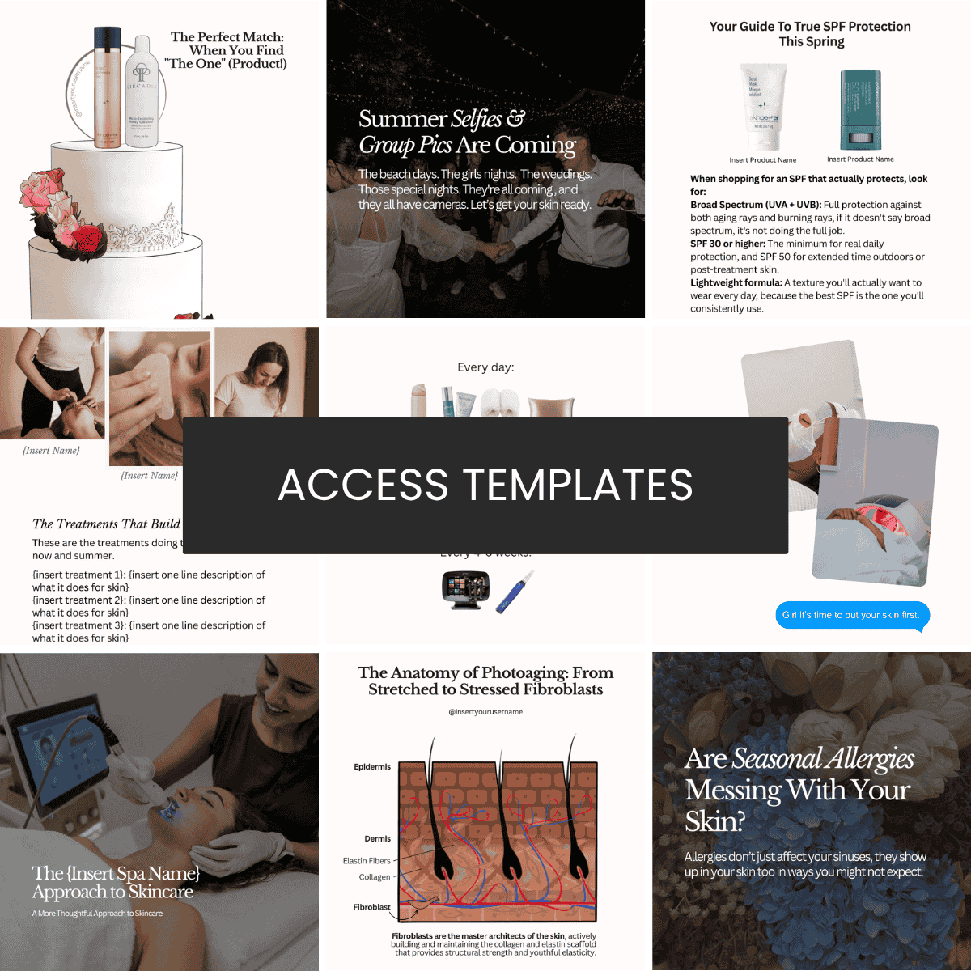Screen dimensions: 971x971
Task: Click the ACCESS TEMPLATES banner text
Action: point(485,485)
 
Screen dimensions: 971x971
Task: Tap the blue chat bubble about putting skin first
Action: point(851,615)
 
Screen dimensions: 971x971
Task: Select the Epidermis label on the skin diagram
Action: point(372,766)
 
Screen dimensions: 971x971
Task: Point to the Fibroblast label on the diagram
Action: point(371,907)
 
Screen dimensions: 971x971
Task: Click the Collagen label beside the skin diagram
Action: point(375,877)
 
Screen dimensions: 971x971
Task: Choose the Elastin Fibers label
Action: point(367,861)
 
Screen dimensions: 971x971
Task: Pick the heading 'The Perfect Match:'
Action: point(227,37)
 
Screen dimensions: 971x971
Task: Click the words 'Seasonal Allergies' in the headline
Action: point(823,759)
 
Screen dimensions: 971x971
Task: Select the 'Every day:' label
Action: point(485,367)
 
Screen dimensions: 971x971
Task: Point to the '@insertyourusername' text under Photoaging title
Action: point(485,712)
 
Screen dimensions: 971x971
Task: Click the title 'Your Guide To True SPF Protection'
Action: point(810,27)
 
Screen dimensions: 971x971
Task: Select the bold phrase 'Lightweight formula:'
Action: point(736,283)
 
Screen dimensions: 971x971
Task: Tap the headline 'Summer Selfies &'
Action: point(442,120)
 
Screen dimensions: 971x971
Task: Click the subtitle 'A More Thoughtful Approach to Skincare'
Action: point(97,914)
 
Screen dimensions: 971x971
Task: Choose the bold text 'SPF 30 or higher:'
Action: point(727,244)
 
